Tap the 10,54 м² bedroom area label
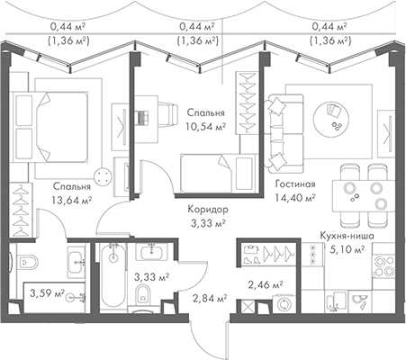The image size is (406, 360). pyautogui.click(x=206, y=127)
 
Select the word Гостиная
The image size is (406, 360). pyautogui.click(x=294, y=186)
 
